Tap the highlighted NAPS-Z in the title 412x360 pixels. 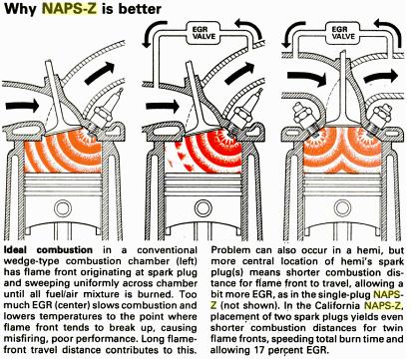coord(70,9)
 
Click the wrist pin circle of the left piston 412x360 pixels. coord(63,208)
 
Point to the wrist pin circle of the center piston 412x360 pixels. coord(204,208)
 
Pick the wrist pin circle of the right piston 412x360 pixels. coord(342,208)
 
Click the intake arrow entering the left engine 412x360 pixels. coord(22,107)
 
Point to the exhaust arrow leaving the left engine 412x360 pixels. coord(100,73)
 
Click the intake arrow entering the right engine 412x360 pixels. coord(306,79)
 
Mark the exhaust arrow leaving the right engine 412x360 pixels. coord(381,77)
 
